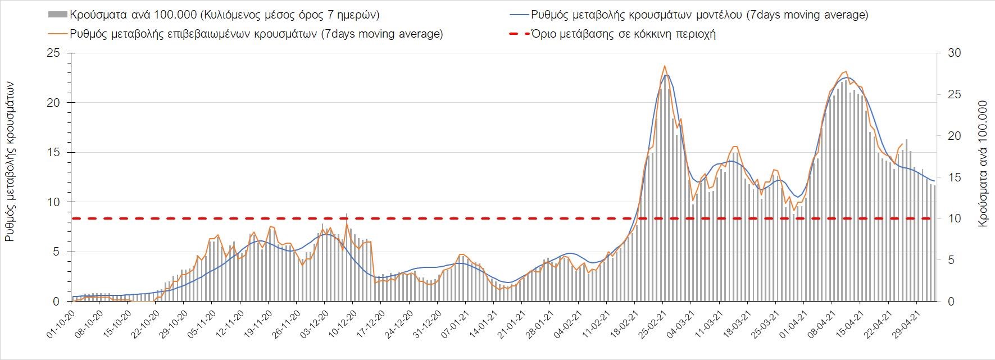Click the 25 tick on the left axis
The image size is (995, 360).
[53, 53]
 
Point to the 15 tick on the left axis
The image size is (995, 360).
[53, 153]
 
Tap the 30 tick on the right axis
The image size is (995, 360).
[955, 53]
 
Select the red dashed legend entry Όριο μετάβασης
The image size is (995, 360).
[623, 34]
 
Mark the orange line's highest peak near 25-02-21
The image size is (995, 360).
[665, 66]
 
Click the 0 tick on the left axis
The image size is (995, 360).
[56, 302]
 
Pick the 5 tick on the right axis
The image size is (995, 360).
[952, 260]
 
